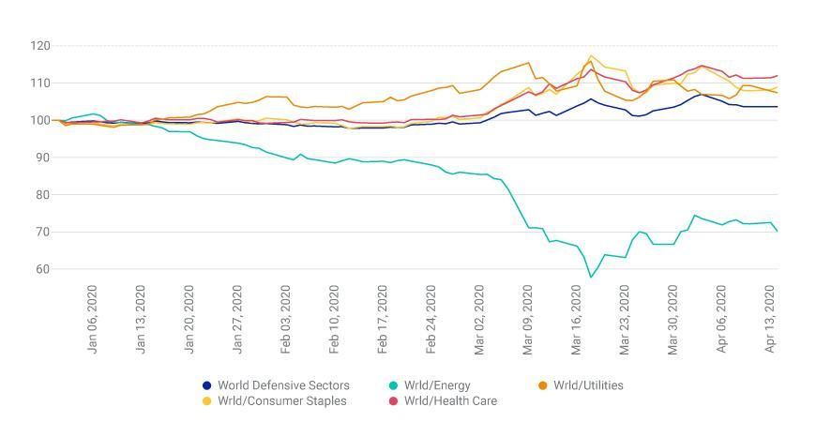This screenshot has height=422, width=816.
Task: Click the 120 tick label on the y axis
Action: coord(40,45)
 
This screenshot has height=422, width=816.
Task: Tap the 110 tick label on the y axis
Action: coord(40,83)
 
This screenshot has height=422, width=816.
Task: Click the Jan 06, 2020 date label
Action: coord(94,318)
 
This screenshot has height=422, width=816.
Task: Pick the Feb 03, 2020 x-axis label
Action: coord(287,318)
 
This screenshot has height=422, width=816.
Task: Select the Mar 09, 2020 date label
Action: coord(529,318)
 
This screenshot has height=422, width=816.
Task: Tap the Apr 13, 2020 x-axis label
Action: coord(771,318)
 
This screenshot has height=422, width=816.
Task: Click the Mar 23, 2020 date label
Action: coord(626,318)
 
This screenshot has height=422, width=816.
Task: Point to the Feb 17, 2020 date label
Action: coord(384,318)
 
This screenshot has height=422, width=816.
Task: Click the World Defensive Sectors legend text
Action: coord(283,385)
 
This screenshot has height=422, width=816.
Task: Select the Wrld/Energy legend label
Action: coord(437,385)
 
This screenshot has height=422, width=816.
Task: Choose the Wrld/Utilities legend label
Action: coord(588,385)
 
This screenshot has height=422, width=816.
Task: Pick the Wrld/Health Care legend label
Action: coord(450,401)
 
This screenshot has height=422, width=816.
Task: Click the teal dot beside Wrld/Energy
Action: coord(393,385)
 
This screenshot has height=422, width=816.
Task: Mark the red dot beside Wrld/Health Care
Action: coord(393,401)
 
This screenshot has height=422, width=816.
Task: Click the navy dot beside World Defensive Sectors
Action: coord(207,385)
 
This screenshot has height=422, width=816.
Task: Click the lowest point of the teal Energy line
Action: coord(591,278)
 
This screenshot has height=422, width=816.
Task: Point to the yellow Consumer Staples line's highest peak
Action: coord(591,55)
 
